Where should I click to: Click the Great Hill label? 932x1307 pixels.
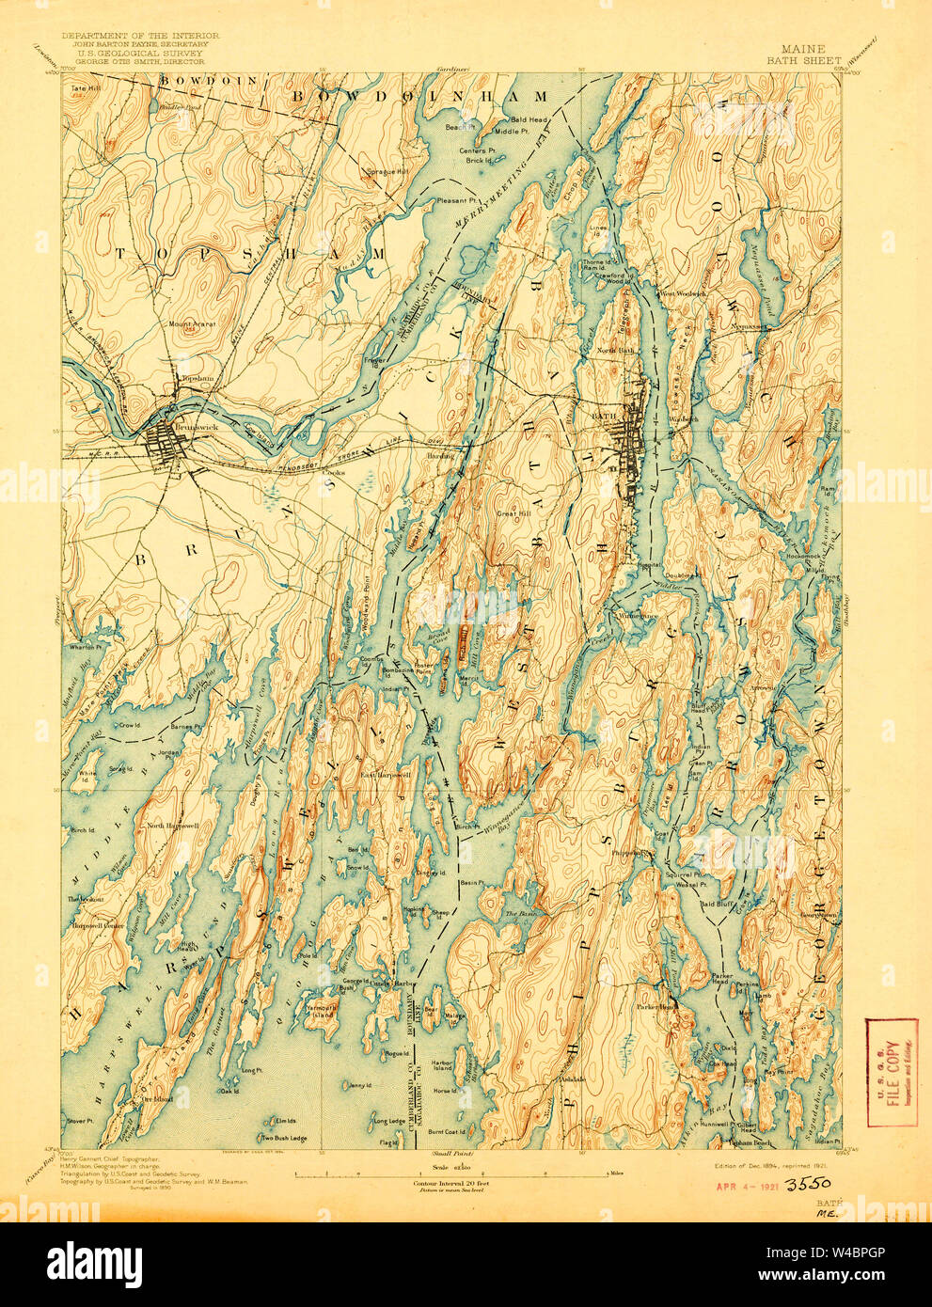point(514,513)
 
